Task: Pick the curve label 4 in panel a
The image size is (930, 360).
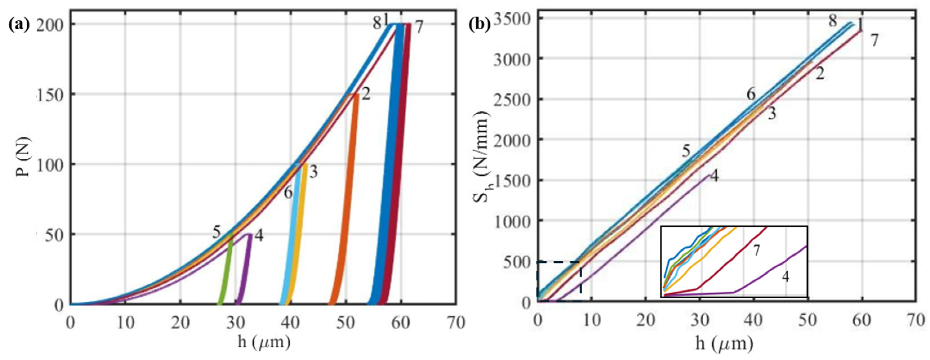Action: [x=258, y=236]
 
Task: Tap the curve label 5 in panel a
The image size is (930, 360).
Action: [x=216, y=232]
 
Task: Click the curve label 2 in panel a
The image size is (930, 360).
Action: [x=366, y=95]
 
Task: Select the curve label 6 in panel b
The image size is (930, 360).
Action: [x=751, y=94]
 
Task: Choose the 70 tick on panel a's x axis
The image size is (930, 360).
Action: [x=456, y=322]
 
